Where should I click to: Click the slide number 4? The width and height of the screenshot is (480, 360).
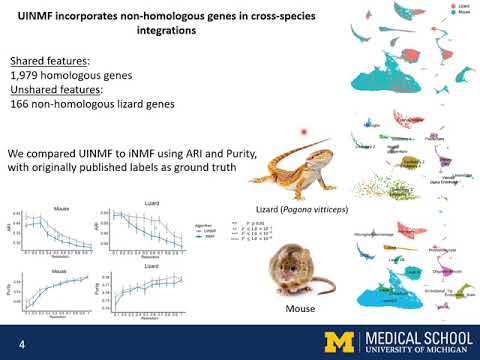[21, 341]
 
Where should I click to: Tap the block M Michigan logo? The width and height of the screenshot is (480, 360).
[318, 341]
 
